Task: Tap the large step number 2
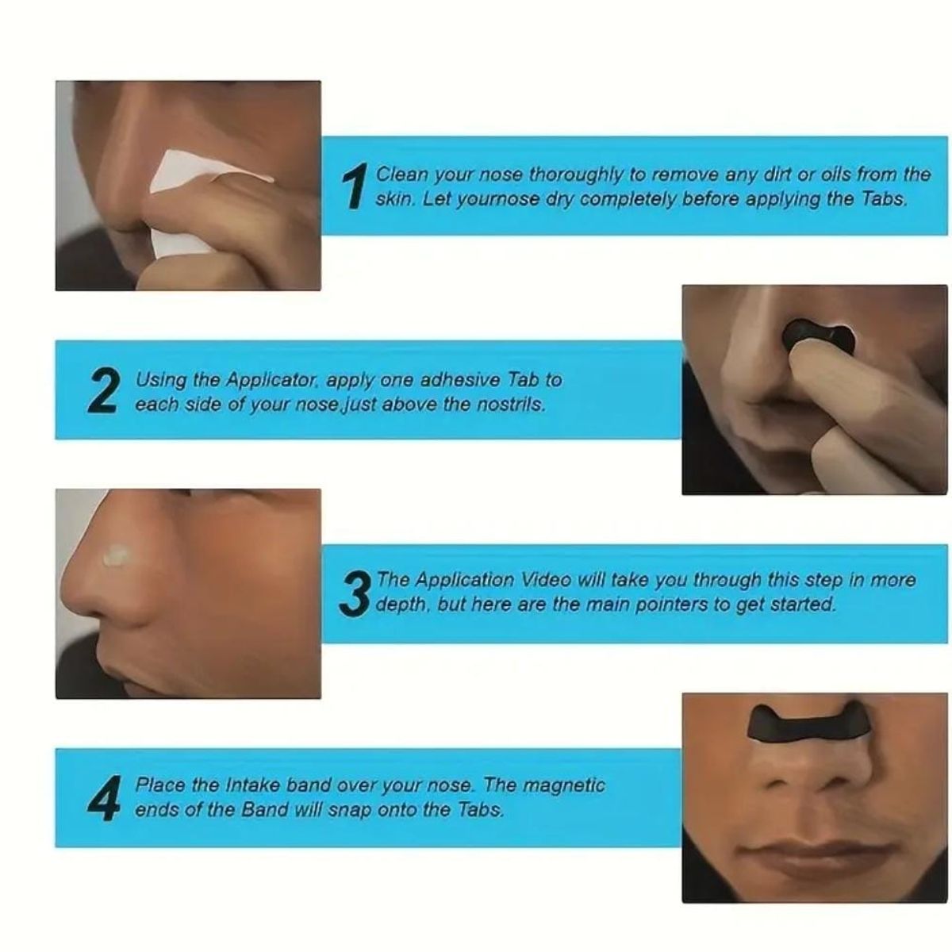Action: pos(105,391)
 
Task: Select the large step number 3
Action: pos(356,593)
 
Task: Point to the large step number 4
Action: pos(105,797)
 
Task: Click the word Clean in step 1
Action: pos(401,175)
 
